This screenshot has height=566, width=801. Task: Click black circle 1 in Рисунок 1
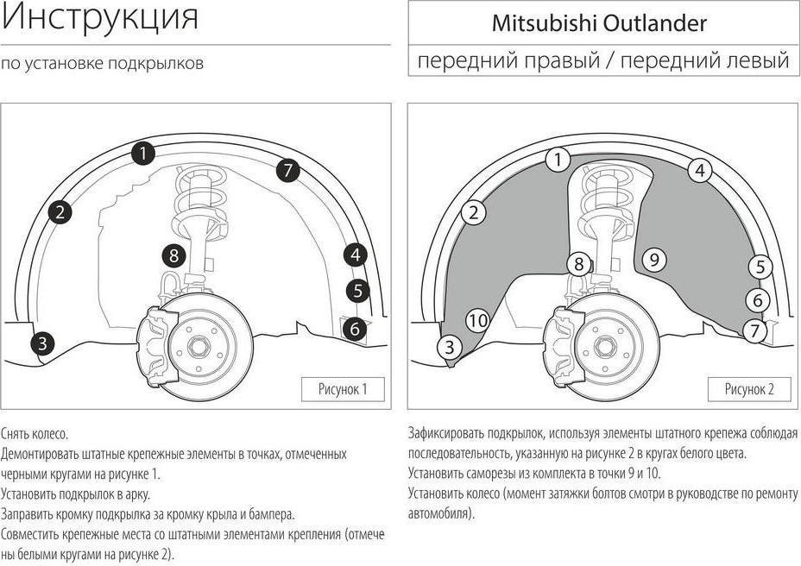[x=143, y=154]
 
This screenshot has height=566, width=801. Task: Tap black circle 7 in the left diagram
[x=288, y=170]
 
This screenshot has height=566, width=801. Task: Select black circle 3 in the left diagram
[x=42, y=343]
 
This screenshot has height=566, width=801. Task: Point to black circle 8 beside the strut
[x=174, y=255]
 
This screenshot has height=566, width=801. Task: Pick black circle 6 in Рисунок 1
[x=355, y=329]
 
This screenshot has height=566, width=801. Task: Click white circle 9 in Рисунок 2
[x=654, y=260]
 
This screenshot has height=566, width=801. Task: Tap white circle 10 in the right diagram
[x=478, y=320]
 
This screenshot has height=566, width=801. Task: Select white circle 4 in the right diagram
[x=700, y=171]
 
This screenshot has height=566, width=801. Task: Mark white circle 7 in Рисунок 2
[x=755, y=331]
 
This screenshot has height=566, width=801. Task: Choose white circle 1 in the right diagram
[x=558, y=160]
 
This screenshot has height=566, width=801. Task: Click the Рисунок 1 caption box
[x=343, y=389]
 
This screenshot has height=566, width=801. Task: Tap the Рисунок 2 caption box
[x=749, y=389]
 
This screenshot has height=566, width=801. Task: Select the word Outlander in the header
[x=655, y=23]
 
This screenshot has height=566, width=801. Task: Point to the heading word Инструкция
[x=100, y=17]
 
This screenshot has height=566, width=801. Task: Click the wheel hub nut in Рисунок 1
[x=197, y=348]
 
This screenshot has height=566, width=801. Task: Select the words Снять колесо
[x=35, y=434]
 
